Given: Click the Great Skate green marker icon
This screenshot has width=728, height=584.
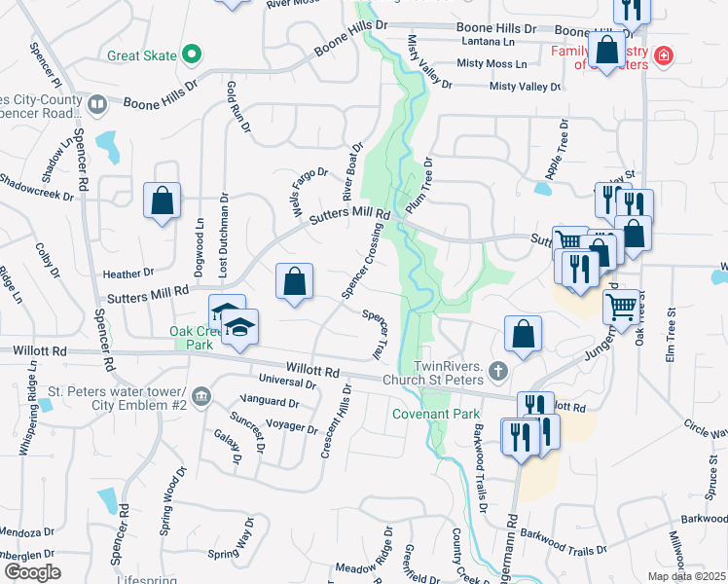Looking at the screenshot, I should [x=193, y=55].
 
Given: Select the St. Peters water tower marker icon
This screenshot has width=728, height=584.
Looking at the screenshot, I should [x=201, y=395].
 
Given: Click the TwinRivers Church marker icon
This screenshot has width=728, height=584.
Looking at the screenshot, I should [x=498, y=370].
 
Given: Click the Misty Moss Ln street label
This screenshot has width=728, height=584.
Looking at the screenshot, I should [x=491, y=64].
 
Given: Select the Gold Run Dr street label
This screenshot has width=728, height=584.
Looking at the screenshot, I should [x=238, y=107].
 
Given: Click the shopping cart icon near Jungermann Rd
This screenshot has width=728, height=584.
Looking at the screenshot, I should [x=621, y=308].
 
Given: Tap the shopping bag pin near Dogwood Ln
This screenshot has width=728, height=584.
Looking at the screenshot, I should [x=162, y=201].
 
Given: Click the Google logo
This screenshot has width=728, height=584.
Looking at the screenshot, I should [x=32, y=572].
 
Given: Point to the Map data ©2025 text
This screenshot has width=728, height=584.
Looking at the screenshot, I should [x=686, y=576].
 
